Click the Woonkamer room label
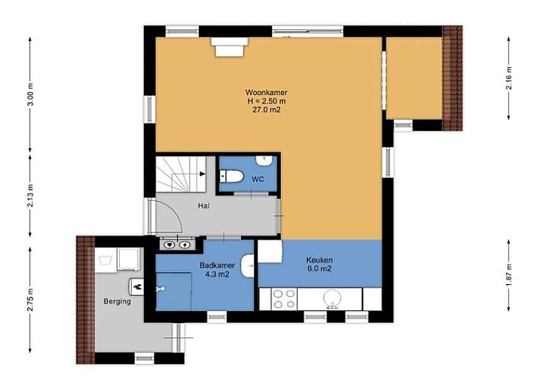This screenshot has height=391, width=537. click(x=266, y=93)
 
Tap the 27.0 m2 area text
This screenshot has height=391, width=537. click(x=267, y=110)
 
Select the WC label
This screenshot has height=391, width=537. click(x=258, y=179)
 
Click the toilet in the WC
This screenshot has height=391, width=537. click(x=231, y=176)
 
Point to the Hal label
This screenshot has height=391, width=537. click(x=204, y=206)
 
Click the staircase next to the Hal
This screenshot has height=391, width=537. click(x=181, y=174)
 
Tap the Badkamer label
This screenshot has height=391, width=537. click(x=217, y=266)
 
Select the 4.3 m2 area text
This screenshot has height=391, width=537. click(x=217, y=274)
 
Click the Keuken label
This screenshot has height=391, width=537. click(x=319, y=260)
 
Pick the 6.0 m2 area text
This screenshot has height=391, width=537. click(x=319, y=269)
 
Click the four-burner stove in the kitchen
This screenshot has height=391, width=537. click(x=284, y=299)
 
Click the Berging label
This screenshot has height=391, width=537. click(x=117, y=301)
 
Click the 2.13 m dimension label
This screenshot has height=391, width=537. click(x=30, y=196)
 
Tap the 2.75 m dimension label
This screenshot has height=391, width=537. click(x=30, y=300)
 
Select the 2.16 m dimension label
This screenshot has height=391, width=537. click(x=509, y=78)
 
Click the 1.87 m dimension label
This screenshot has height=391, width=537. click(x=509, y=275)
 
